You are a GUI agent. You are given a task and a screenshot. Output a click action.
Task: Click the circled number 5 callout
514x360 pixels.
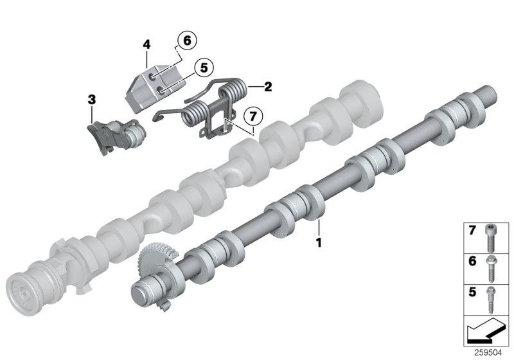tap(203, 66)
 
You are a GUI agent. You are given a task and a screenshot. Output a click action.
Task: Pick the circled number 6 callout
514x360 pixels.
tap(186, 40)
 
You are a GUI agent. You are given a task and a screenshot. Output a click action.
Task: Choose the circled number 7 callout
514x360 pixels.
tap(253, 116)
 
